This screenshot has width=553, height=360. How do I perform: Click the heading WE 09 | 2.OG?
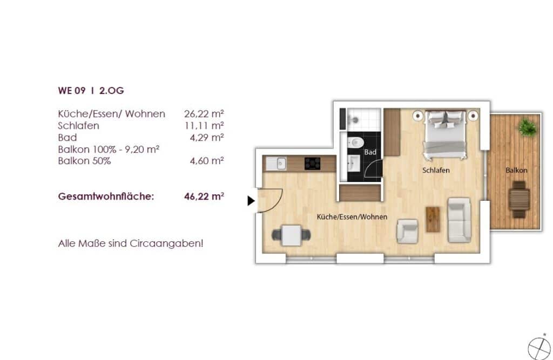(91, 91)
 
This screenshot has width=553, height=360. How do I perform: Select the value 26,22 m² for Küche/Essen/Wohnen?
(204, 114)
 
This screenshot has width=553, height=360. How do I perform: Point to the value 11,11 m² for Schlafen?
(204, 126)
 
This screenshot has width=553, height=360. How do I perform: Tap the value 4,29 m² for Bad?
(207, 137)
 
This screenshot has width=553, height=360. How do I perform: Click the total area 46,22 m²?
(204, 196)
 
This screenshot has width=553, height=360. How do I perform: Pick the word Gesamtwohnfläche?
(106, 196)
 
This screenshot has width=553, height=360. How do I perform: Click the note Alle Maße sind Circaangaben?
(131, 243)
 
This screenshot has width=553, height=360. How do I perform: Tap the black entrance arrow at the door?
(251, 201)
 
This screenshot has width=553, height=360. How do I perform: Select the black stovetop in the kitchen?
(313, 164)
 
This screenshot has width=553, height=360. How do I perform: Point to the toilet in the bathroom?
(355, 143)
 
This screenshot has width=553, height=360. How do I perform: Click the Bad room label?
(370, 152)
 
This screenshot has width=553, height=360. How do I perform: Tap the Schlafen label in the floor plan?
(436, 171)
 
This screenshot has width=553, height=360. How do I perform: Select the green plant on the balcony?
(527, 127)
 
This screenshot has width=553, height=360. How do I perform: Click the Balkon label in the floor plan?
(516, 171)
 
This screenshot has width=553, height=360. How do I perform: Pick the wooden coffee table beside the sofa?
(433, 219)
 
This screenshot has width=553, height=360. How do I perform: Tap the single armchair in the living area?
(407, 232)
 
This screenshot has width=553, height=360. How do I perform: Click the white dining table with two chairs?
(291, 235)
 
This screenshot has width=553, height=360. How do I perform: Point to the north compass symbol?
(539, 349)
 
